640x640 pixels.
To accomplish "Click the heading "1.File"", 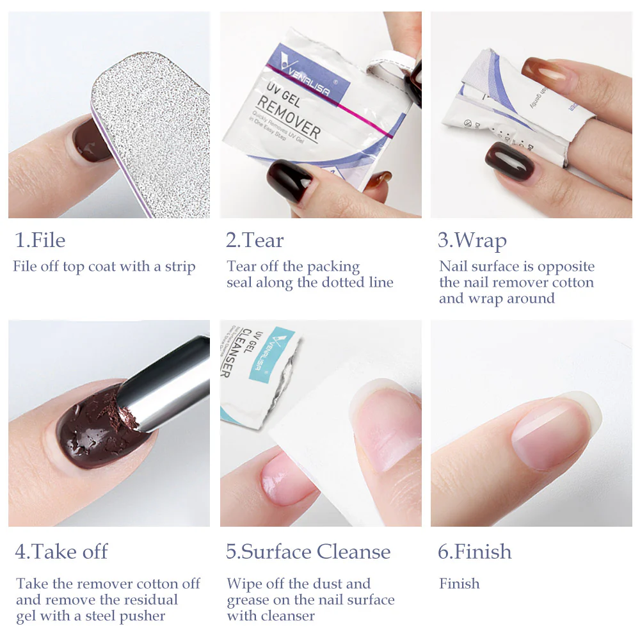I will click(x=40, y=241).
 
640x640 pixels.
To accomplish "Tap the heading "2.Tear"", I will click(x=254, y=241).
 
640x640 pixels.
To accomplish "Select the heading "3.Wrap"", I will click(x=472, y=241).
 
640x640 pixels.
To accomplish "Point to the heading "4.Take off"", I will click(x=61, y=552).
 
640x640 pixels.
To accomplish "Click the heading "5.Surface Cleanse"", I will click(x=308, y=552).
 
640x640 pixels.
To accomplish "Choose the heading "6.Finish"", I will click(x=474, y=552).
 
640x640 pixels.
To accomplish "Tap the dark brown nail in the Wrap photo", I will click(x=510, y=161).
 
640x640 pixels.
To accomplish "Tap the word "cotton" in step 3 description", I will click(x=572, y=282).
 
